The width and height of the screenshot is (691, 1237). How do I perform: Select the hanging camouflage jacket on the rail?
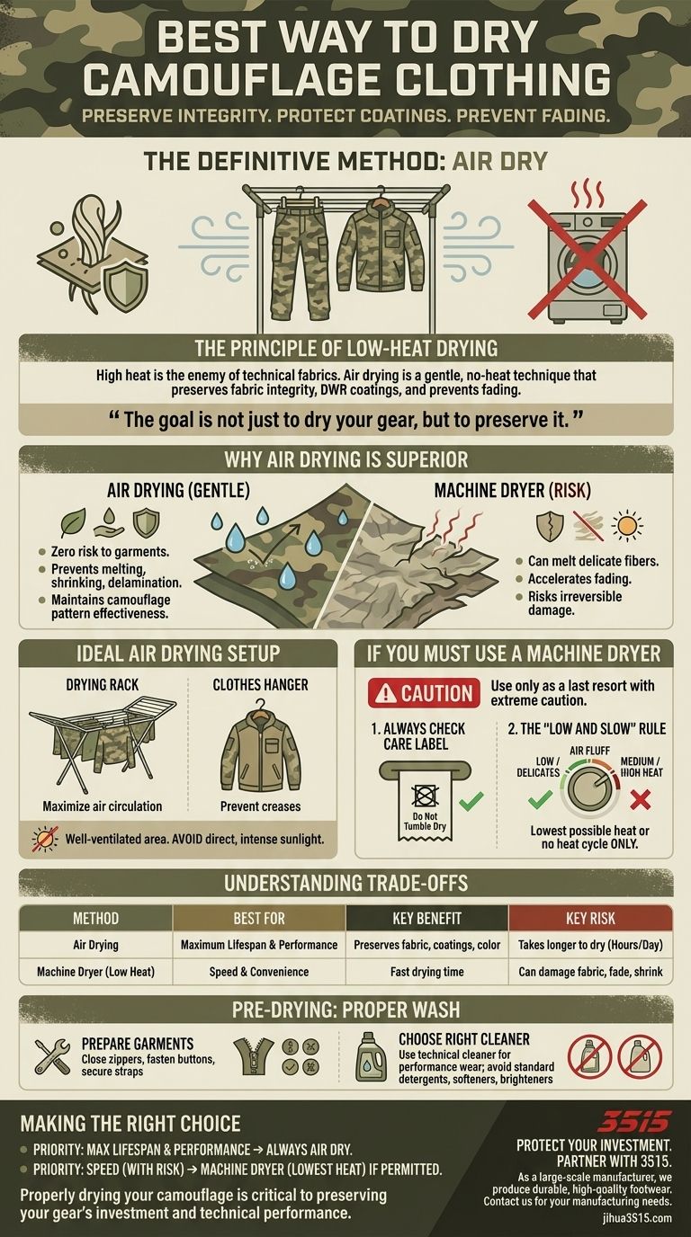377,243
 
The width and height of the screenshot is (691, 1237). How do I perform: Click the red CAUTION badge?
423,693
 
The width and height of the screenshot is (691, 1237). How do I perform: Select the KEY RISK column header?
590,919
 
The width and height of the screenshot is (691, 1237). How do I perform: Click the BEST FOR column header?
259,919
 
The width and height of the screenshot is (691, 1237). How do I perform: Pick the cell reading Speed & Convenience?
259,971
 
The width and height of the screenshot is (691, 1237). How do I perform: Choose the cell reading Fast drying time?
427,971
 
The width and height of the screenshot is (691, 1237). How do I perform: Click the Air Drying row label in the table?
95,945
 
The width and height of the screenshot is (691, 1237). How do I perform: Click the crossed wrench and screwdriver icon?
52,1057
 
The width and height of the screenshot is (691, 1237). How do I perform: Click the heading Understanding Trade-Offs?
345,884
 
